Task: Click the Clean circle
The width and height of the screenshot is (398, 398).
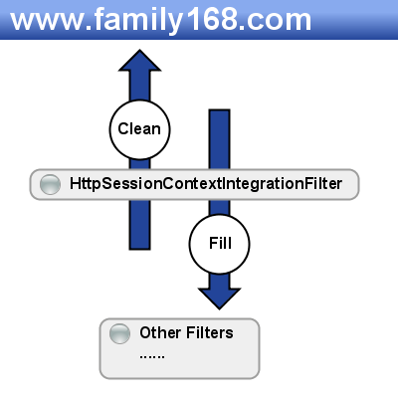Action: pyautogui.click(x=139, y=129)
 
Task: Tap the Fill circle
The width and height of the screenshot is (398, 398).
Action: pyautogui.click(x=220, y=244)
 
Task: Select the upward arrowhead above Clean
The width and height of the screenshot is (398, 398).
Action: pyautogui.click(x=139, y=61)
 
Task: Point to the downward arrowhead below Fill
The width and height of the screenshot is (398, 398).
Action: pyautogui.click(x=219, y=298)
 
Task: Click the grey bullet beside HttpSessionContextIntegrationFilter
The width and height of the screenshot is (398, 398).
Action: pyautogui.click(x=50, y=184)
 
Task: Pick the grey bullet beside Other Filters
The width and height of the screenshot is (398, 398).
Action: pyautogui.click(x=119, y=333)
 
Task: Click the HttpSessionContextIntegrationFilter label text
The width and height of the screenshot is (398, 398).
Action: pyautogui.click(x=206, y=184)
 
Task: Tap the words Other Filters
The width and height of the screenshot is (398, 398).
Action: pyautogui.click(x=186, y=332)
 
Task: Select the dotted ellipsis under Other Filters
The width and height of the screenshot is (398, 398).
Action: pyautogui.click(x=152, y=357)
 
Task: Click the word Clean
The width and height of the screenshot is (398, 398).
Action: pyautogui.click(x=139, y=128)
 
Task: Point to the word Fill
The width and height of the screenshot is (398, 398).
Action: pyautogui.click(x=220, y=243)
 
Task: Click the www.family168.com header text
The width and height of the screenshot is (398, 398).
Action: pyautogui.click(x=161, y=20)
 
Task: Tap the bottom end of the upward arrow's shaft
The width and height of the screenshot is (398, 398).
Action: pyautogui.click(x=139, y=249)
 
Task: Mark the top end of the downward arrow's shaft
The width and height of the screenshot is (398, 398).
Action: pyautogui.click(x=219, y=110)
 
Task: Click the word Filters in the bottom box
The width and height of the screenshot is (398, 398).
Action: pyautogui.click(x=210, y=332)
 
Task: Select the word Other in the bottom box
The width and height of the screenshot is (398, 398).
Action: pyautogui.click(x=161, y=332)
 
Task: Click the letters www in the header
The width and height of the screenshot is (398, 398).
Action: pyautogui.click(x=47, y=23)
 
